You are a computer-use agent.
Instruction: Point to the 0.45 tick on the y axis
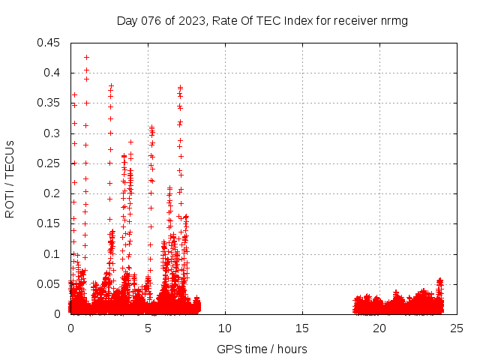[49, 42]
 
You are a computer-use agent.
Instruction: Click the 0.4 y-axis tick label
[52, 73]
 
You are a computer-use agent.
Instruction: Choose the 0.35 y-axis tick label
[49, 103]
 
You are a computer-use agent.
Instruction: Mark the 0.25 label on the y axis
[49, 163]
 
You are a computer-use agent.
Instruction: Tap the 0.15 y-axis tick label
[49, 223]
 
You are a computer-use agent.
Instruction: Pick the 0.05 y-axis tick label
[49, 284]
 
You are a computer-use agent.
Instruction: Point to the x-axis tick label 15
[302, 328]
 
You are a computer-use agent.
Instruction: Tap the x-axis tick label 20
[379, 328]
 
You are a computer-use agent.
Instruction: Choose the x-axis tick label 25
[457, 328]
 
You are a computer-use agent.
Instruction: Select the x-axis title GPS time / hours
[262, 349]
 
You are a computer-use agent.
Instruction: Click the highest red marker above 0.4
[86, 57]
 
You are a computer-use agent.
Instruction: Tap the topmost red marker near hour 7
[180, 87]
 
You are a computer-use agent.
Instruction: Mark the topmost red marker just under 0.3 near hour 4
[130, 142]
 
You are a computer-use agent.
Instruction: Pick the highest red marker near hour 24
[440, 280]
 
